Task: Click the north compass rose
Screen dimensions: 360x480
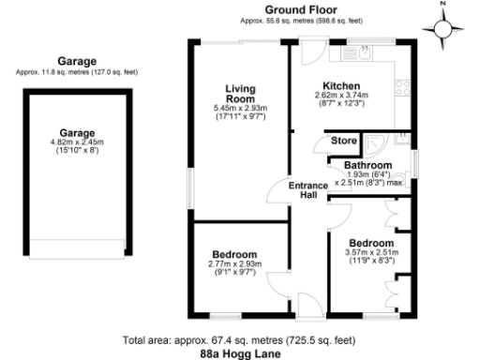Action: tap(444, 29)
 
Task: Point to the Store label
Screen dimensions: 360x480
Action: tap(342, 142)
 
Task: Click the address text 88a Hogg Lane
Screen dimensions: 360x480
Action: tap(240, 353)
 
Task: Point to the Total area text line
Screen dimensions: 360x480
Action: tap(239, 339)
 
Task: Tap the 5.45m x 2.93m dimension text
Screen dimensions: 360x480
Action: tap(240, 109)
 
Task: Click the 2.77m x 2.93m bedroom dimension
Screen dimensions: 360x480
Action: tap(234, 265)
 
